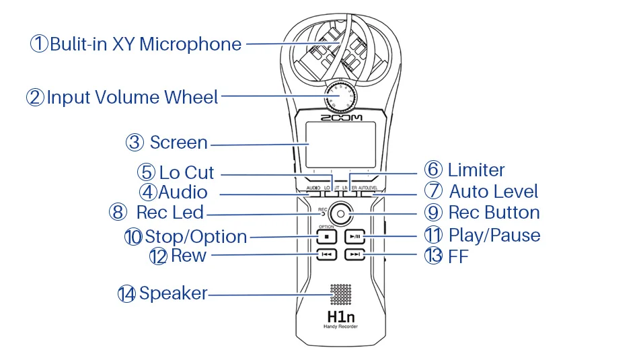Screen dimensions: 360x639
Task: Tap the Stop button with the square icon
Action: click(x=326, y=237)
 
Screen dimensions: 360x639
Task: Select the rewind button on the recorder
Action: click(x=326, y=255)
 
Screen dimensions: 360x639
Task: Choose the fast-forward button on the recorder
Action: click(x=355, y=255)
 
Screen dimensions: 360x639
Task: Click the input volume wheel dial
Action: click(x=340, y=97)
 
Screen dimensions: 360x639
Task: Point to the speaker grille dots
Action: click(x=340, y=293)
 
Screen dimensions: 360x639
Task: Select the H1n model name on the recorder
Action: click(x=340, y=314)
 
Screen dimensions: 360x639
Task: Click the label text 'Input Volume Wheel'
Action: click(x=133, y=98)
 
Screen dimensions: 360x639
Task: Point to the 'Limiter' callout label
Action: click(x=476, y=170)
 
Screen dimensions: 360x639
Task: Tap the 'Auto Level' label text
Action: click(x=494, y=192)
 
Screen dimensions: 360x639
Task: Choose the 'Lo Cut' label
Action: click(x=186, y=173)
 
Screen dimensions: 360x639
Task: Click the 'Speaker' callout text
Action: click(x=173, y=294)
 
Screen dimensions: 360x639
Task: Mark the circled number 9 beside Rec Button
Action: click(x=434, y=213)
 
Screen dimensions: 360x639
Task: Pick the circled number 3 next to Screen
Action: click(x=135, y=143)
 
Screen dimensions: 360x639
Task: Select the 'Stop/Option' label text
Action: click(x=196, y=237)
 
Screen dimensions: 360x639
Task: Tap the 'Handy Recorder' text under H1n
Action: click(x=340, y=326)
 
